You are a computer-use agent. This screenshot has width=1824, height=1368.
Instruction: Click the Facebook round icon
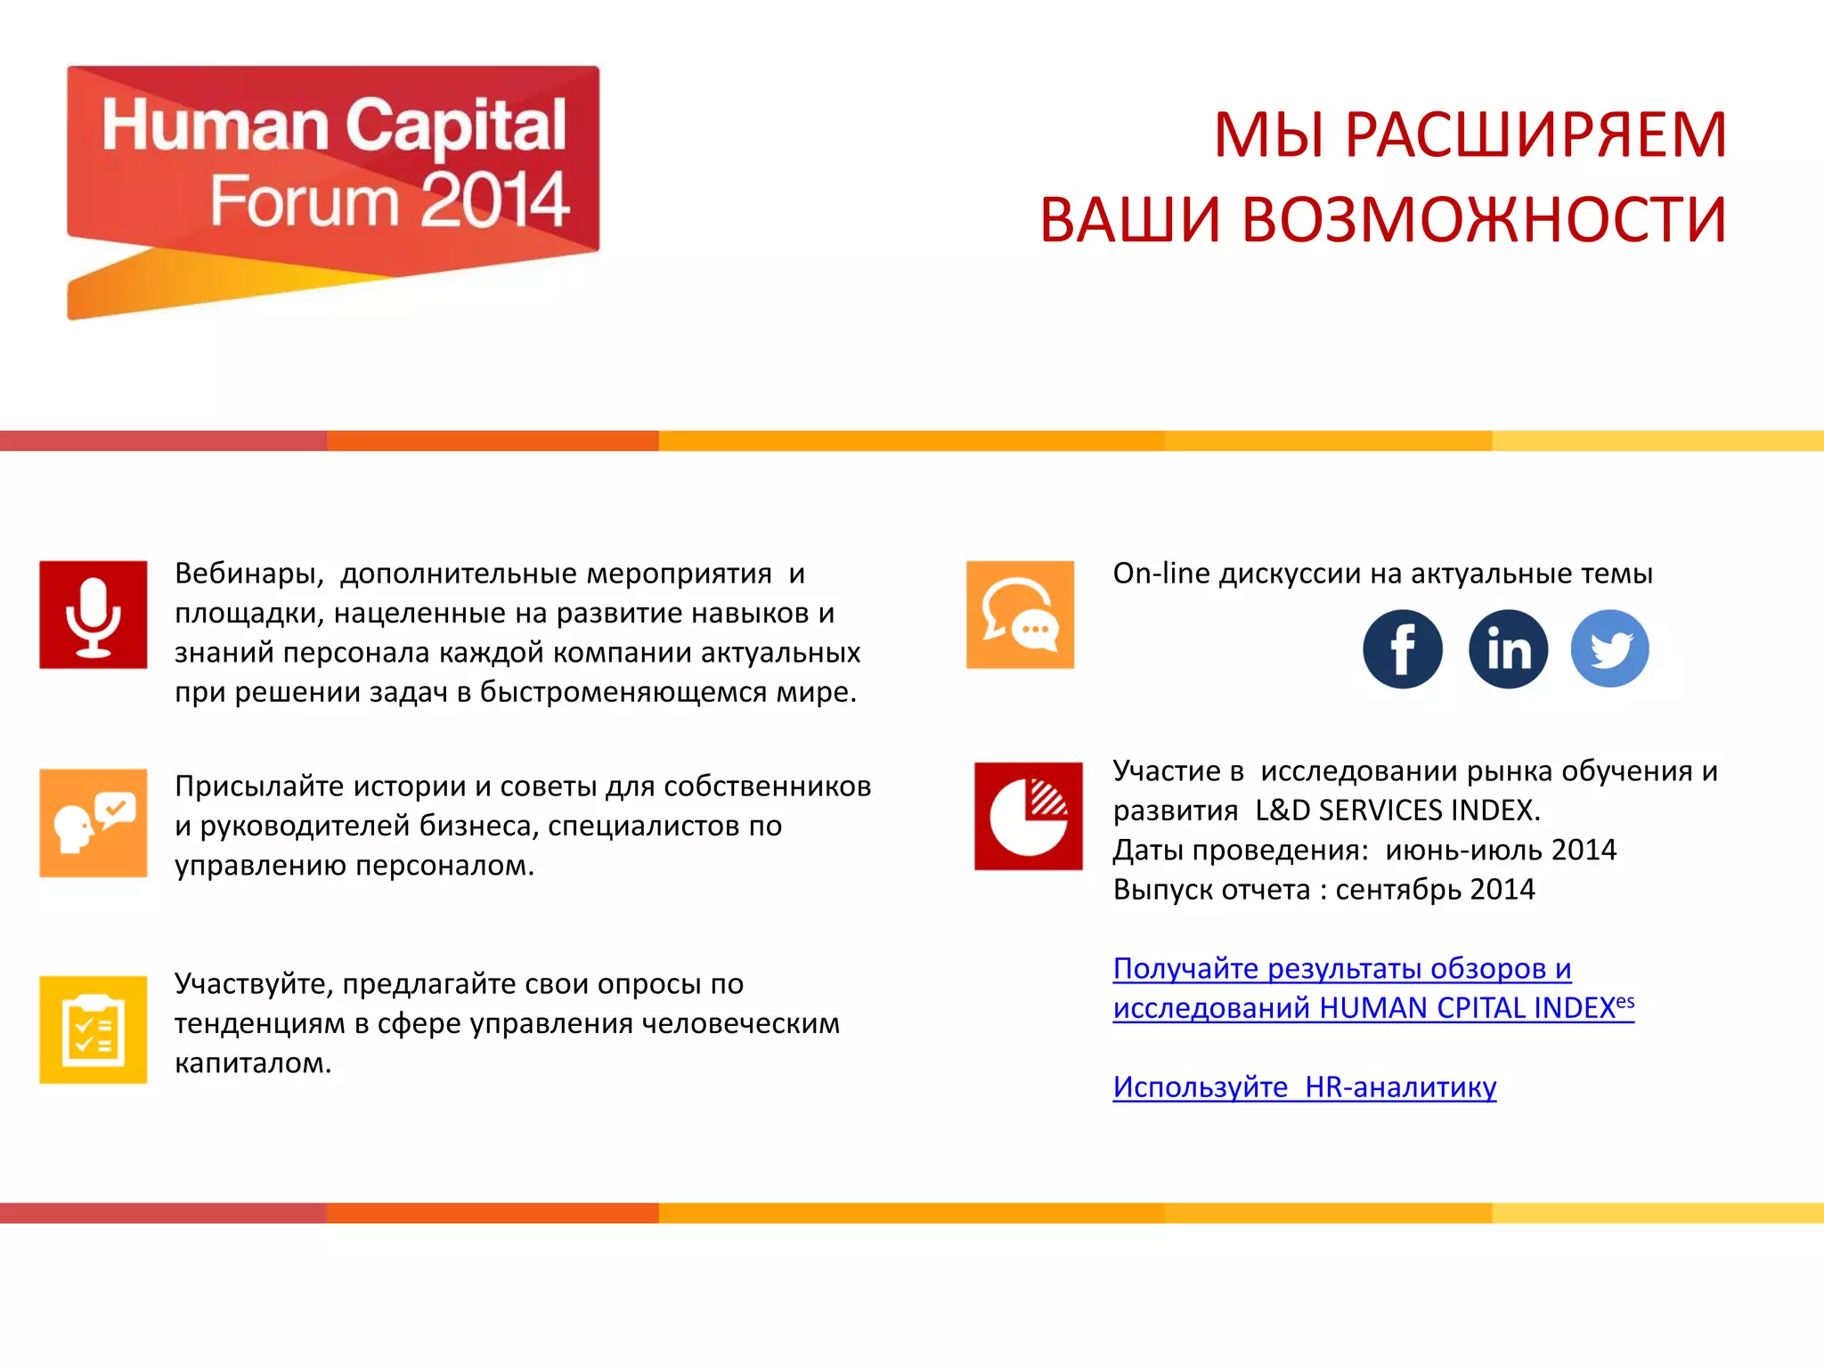pyautogui.click(x=1402, y=648)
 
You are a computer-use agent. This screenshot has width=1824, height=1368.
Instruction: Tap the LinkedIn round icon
pyautogui.click(x=1508, y=648)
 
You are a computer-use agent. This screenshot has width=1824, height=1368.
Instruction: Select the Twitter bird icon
pyautogui.click(x=1609, y=648)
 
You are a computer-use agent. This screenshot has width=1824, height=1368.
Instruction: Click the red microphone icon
pyautogui.click(x=94, y=615)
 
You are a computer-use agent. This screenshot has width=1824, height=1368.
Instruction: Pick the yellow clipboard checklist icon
pyautogui.click(x=94, y=1030)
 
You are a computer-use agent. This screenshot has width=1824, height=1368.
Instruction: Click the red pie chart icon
pyautogui.click(x=1028, y=816)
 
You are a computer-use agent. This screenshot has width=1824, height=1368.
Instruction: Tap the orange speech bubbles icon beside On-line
pyautogui.click(x=1020, y=615)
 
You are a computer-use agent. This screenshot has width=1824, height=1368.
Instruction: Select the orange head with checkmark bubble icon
pyautogui.click(x=94, y=823)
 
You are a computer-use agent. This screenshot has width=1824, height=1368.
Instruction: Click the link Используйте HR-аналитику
pyautogui.click(x=1304, y=1087)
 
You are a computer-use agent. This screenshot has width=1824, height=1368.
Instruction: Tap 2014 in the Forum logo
pyautogui.click(x=494, y=200)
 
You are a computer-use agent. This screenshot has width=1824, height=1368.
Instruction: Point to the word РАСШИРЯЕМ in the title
pyautogui.click(x=1535, y=135)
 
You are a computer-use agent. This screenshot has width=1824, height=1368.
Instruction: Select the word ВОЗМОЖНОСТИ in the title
pyautogui.click(x=1484, y=220)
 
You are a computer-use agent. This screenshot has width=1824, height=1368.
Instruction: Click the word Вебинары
pyautogui.click(x=248, y=574)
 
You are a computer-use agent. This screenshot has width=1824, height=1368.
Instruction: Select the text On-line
pyautogui.click(x=1161, y=574)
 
